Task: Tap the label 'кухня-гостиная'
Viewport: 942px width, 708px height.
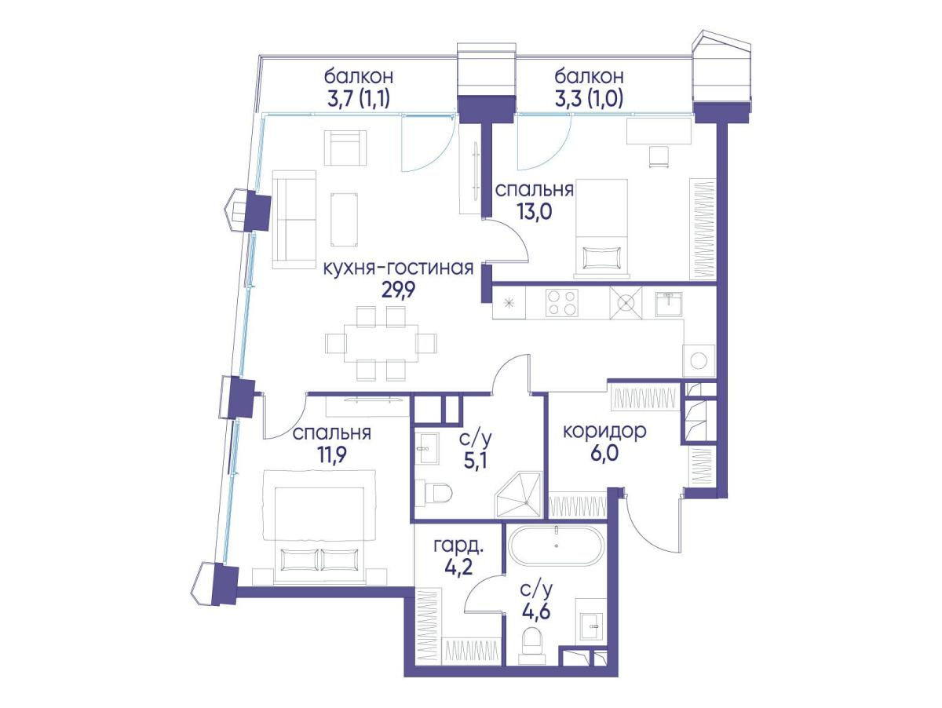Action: click(398, 268)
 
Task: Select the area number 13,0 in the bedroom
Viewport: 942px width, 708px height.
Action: click(535, 211)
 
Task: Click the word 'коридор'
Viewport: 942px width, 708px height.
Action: click(604, 432)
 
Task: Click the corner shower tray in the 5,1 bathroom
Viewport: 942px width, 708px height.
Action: click(519, 495)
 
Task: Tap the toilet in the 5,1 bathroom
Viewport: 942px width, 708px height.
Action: click(438, 493)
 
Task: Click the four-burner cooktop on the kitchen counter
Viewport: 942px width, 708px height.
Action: click(561, 303)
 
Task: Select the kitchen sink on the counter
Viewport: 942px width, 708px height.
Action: click(669, 305)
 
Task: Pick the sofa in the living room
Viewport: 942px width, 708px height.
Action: click(295, 219)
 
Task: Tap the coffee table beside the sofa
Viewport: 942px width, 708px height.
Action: click(344, 219)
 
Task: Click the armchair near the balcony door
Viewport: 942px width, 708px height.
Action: click(346, 148)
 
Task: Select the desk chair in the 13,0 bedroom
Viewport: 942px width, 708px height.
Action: click(659, 158)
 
